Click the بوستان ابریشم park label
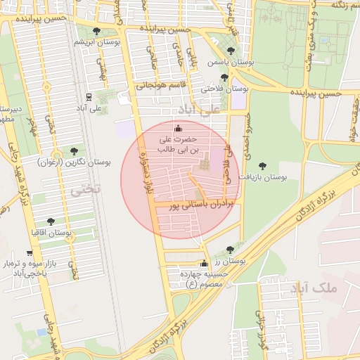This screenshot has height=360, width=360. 95,42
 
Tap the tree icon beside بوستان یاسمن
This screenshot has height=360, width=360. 231,51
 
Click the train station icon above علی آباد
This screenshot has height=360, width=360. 88,97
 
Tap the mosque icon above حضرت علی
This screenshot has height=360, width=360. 177,128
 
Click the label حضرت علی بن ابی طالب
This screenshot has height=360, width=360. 179,145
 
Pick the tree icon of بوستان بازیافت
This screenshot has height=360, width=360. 262,166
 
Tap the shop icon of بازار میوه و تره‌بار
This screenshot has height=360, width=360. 29,252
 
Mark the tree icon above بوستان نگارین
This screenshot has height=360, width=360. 74,150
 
